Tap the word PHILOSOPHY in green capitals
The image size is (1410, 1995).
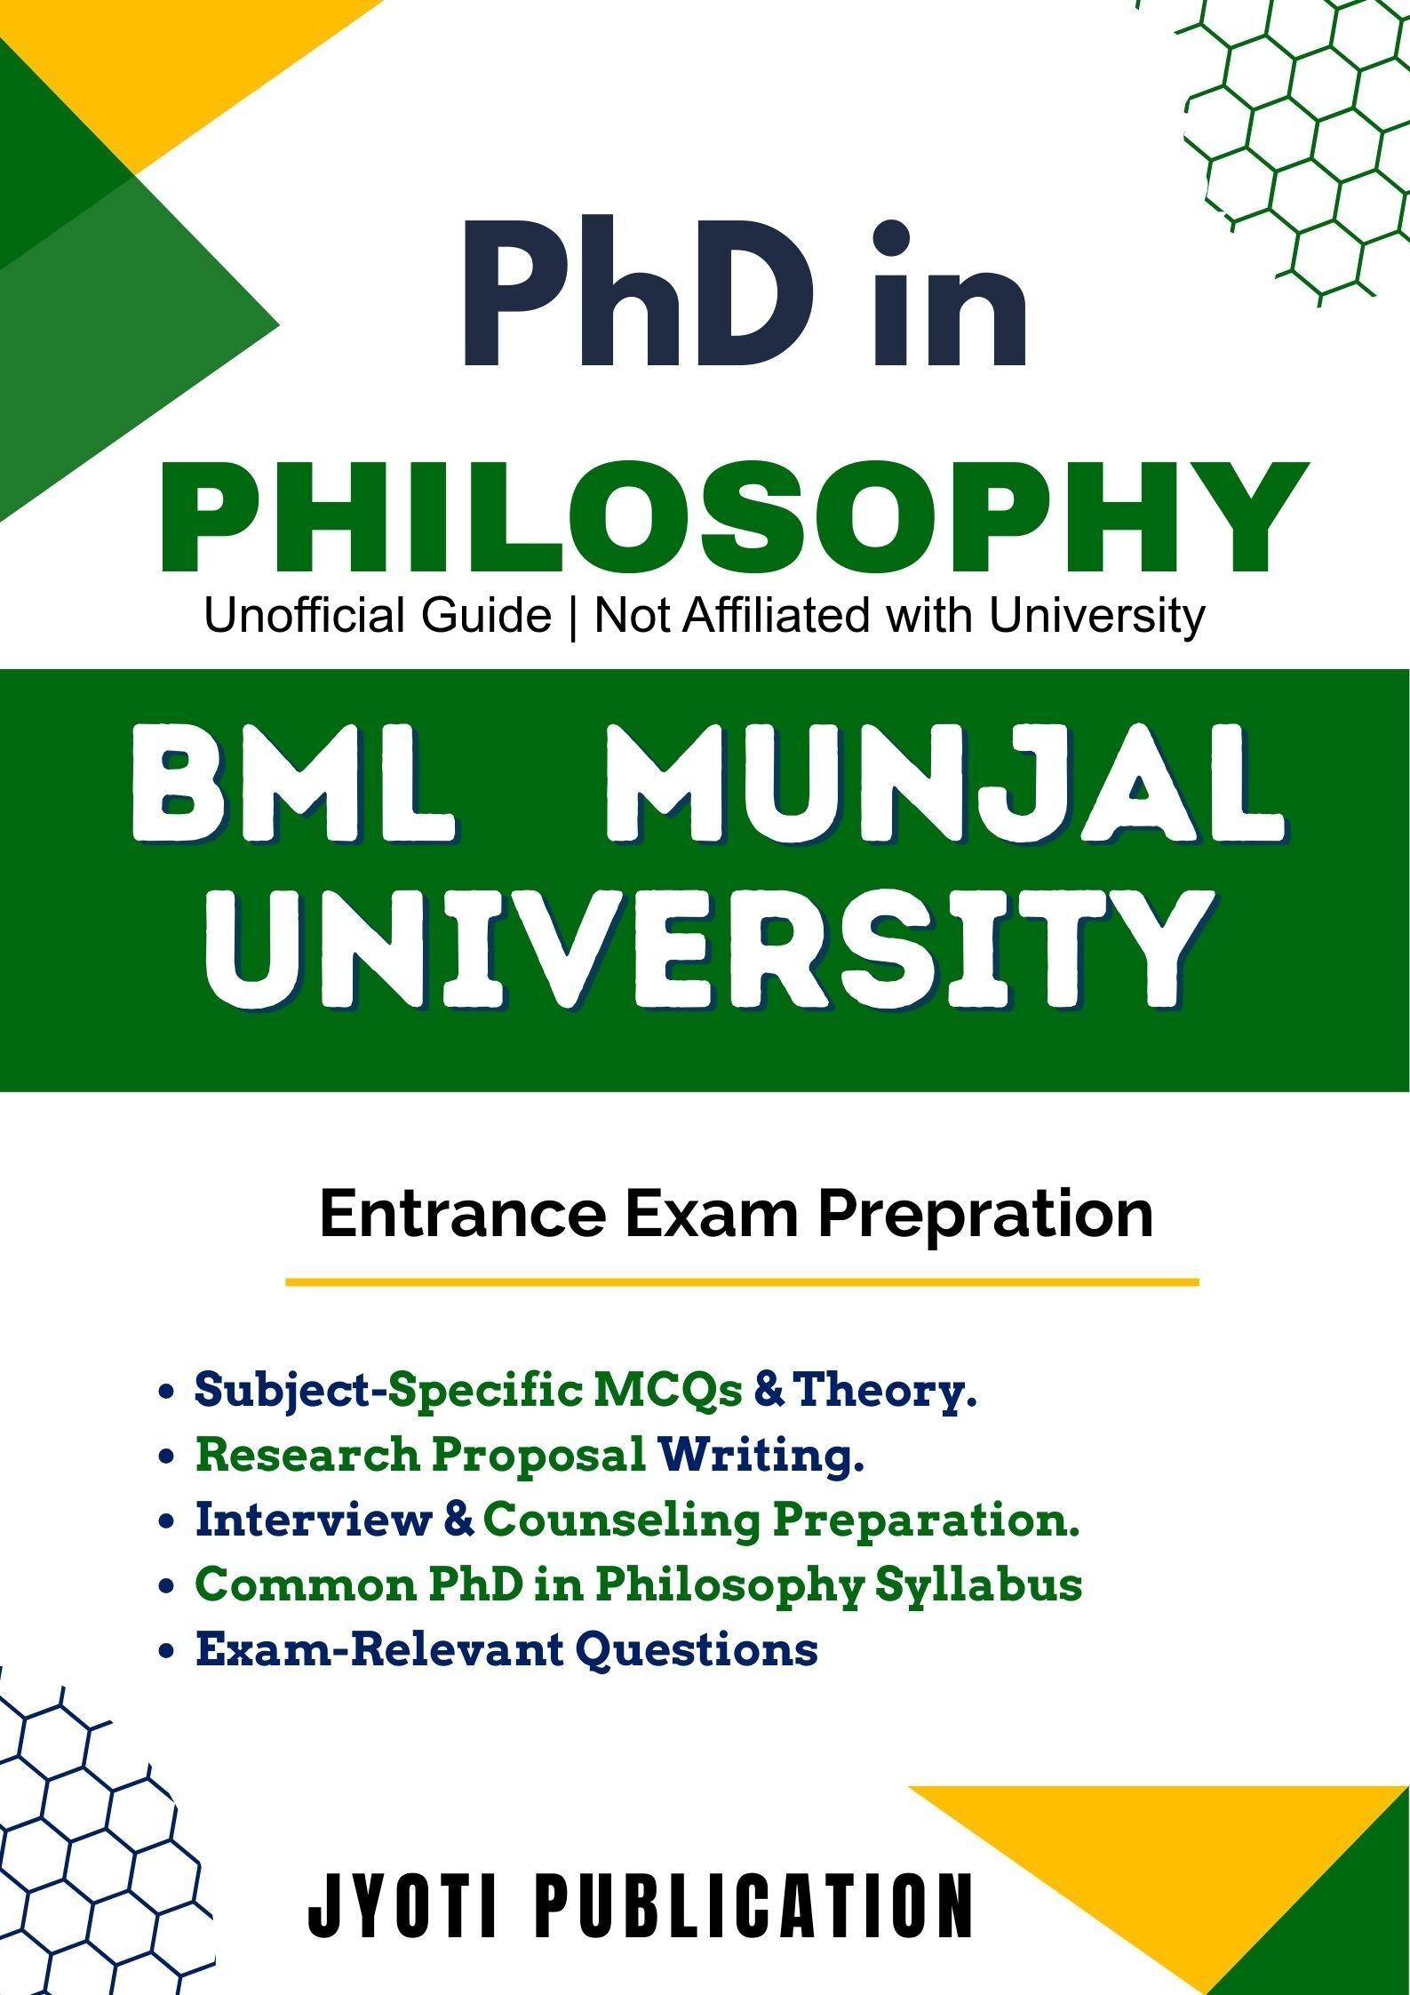(x=734, y=518)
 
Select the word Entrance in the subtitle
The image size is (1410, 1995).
(x=462, y=1214)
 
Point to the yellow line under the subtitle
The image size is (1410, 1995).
(x=742, y=1282)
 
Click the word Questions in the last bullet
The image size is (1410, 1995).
(x=697, y=1649)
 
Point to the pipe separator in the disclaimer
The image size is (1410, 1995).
(x=572, y=615)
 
